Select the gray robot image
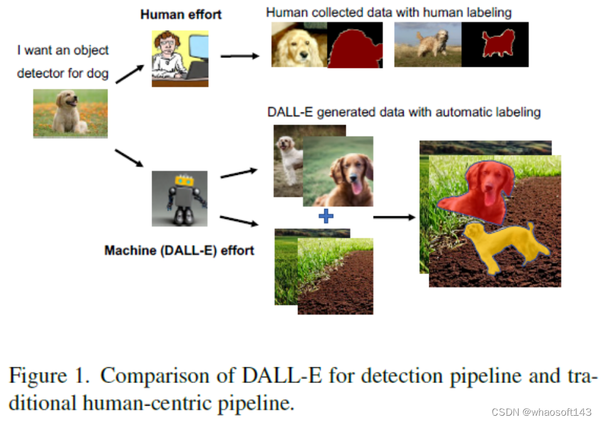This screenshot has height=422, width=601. point(179,198)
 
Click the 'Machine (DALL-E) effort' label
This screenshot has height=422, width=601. point(179,250)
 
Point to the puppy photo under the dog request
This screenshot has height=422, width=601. point(70,113)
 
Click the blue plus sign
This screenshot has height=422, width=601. point(326,217)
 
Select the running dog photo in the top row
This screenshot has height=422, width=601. point(427,45)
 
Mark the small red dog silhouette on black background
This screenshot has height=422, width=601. point(495,45)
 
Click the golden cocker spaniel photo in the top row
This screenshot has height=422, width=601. point(299,45)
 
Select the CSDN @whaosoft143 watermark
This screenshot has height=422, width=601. point(541,412)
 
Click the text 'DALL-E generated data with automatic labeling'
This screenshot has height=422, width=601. point(404,113)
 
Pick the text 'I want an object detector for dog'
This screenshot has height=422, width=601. point(63,62)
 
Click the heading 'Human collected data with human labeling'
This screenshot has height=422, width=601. point(389,12)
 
